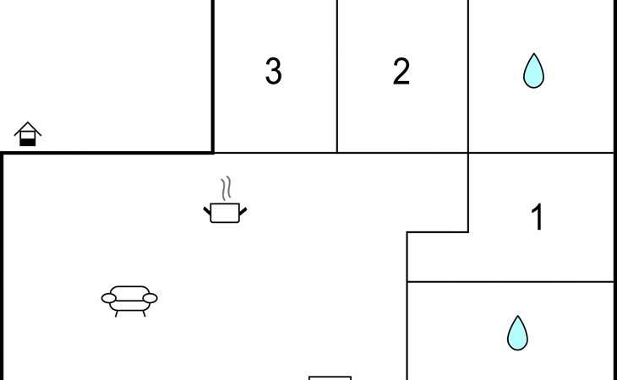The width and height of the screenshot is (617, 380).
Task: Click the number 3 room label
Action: pyautogui.click(x=274, y=71)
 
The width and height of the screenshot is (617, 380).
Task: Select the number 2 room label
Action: pyautogui.click(x=401, y=71)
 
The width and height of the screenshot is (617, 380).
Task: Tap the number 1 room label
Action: pyautogui.click(x=538, y=217)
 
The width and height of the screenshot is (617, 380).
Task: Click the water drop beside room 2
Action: pyautogui.click(x=533, y=71)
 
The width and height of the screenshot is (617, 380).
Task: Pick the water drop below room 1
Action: pyautogui.click(x=517, y=334)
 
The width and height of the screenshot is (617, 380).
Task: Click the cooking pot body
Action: pyautogui.click(x=225, y=213)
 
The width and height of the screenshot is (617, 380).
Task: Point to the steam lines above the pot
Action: pyautogui.click(x=226, y=188)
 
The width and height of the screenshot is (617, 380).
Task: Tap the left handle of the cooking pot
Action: pyautogui.click(x=207, y=210)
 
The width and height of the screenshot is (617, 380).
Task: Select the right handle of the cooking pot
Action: pyautogui.click(x=243, y=211)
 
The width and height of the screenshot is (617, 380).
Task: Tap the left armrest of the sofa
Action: pyautogui.click(x=108, y=298)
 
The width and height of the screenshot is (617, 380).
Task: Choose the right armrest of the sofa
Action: pyautogui.click(x=150, y=298)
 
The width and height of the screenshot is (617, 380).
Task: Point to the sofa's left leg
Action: pyautogui.click(x=116, y=313)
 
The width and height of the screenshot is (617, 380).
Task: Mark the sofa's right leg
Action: pyautogui.click(x=144, y=313)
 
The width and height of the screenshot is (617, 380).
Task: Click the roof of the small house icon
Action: pyautogui.click(x=28, y=128)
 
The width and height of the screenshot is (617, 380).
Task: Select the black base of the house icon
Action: pyautogui.click(x=28, y=142)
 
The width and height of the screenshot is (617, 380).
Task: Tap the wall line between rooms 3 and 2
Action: pyautogui.click(x=337, y=76)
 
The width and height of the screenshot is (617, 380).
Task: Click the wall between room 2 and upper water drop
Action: pyautogui.click(x=468, y=76)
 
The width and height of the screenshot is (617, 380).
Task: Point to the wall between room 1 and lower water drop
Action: pyautogui.click(x=511, y=282)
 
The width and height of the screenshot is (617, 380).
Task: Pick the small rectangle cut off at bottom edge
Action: pyautogui.click(x=330, y=378)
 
